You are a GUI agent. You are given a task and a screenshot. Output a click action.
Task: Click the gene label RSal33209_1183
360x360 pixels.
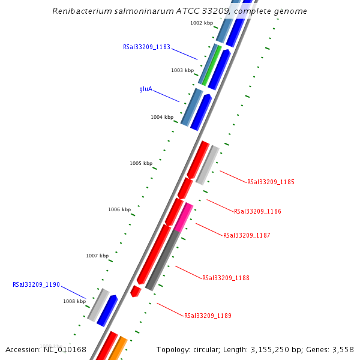[146, 46]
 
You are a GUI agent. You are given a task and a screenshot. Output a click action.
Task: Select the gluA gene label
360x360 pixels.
[146, 89]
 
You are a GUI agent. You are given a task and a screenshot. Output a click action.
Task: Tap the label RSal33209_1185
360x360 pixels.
[271, 182]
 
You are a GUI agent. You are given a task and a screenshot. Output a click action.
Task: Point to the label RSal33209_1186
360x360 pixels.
[257, 211]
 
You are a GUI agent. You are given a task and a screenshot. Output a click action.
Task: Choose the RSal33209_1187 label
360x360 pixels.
[247, 236]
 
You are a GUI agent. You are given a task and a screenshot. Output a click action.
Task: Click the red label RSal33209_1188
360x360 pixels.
[226, 278]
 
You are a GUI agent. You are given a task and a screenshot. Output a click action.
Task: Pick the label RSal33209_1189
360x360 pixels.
[208, 316]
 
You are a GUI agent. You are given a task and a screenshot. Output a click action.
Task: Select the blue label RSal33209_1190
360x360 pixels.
[36, 285]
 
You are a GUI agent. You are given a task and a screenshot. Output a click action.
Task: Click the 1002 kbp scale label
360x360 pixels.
[202, 23]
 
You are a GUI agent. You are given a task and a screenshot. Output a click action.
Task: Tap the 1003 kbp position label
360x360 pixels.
[182, 70]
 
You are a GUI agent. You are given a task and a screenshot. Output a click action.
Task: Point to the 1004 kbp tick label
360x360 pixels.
[162, 118]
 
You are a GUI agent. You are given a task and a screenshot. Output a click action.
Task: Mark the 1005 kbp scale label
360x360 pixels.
[141, 163]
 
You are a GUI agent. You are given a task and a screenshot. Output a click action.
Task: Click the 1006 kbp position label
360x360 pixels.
[119, 210]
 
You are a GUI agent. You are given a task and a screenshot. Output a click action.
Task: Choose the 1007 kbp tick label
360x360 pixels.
[97, 256]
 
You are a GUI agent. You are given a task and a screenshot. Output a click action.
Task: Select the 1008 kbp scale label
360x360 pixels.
[74, 302]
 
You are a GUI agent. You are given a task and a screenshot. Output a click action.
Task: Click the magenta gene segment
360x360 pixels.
[184, 217]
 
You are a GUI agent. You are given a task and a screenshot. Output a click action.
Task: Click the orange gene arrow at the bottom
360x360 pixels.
[117, 347]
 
